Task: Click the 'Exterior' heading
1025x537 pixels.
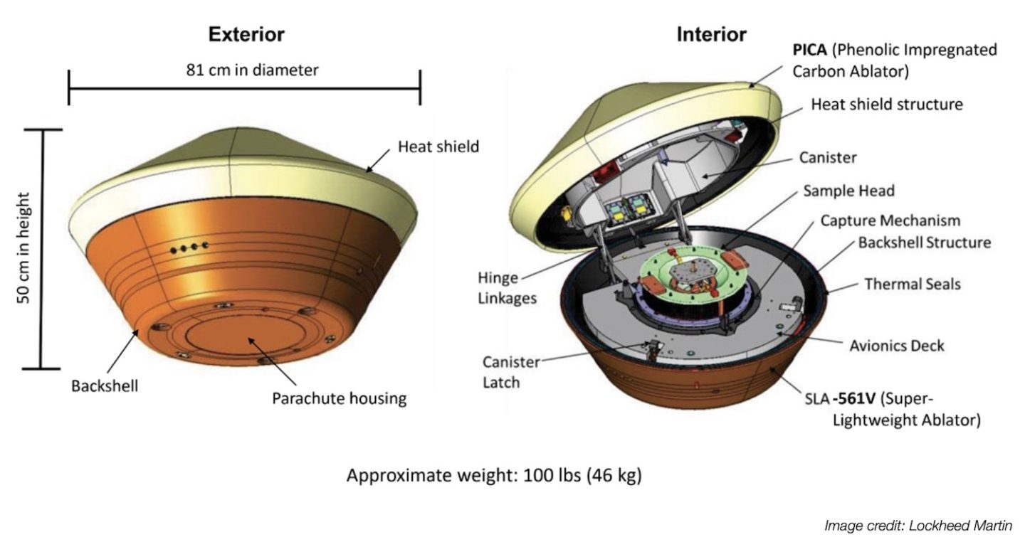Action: [246, 34]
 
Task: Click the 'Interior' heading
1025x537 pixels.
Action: [711, 34]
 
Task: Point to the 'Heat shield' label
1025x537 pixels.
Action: [438, 147]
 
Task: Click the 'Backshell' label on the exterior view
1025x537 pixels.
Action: [104, 386]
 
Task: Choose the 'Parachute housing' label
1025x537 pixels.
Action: [339, 398]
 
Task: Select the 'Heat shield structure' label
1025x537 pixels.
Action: [887, 105]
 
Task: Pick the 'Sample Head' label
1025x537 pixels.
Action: [848, 191]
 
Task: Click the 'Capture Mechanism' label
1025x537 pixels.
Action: [890, 220]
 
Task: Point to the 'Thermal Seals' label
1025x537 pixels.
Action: [912, 284]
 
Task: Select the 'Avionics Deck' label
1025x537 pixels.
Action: [897, 346]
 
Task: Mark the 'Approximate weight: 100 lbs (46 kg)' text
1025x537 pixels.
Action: [493, 475]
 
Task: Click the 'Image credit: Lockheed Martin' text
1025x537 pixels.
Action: [918, 526]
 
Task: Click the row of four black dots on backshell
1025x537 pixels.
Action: [189, 248]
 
